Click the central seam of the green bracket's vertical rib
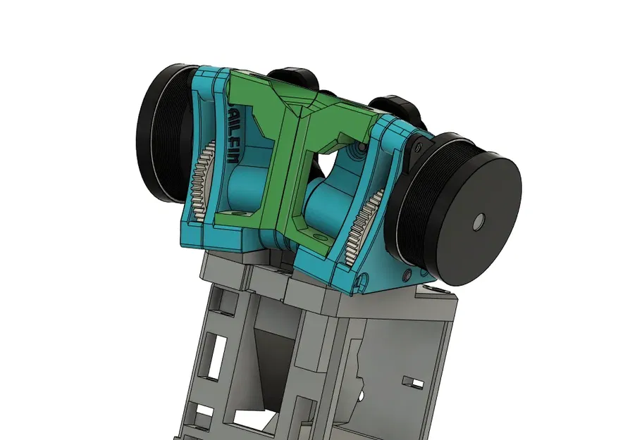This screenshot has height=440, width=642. click(x=289, y=176)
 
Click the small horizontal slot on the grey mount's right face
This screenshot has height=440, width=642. click(x=409, y=382)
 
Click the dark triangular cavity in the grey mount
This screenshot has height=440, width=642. click(x=272, y=366)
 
